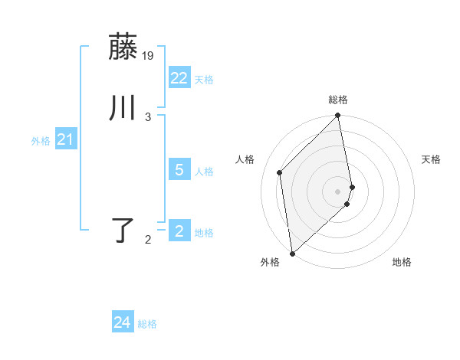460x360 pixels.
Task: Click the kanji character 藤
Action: click(x=123, y=47)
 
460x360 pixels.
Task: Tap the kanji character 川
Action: click(x=123, y=108)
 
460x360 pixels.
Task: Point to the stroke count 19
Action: click(x=148, y=56)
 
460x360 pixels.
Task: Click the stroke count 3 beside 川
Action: click(x=148, y=116)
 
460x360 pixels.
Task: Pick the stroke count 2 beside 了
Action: click(x=148, y=240)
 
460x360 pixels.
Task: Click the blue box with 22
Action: click(x=179, y=77)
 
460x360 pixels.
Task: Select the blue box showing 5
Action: click(x=179, y=170)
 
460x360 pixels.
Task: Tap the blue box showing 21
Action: click(x=65, y=139)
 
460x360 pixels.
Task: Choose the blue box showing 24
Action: click(x=123, y=322)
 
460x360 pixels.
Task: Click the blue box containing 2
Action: click(x=179, y=231)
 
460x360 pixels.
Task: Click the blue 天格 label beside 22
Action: click(x=204, y=80)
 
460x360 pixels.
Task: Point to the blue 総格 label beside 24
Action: click(x=147, y=325)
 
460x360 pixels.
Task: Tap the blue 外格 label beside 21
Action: click(x=41, y=142)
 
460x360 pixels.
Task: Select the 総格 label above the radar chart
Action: click(x=338, y=100)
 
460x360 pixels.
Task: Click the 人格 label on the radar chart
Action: click(x=245, y=159)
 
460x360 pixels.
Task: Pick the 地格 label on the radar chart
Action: click(x=402, y=263)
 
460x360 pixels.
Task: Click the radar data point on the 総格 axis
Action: click(x=338, y=116)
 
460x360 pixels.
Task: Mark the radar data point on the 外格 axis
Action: click(x=292, y=253)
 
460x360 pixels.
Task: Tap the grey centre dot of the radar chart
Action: click(x=338, y=191)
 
